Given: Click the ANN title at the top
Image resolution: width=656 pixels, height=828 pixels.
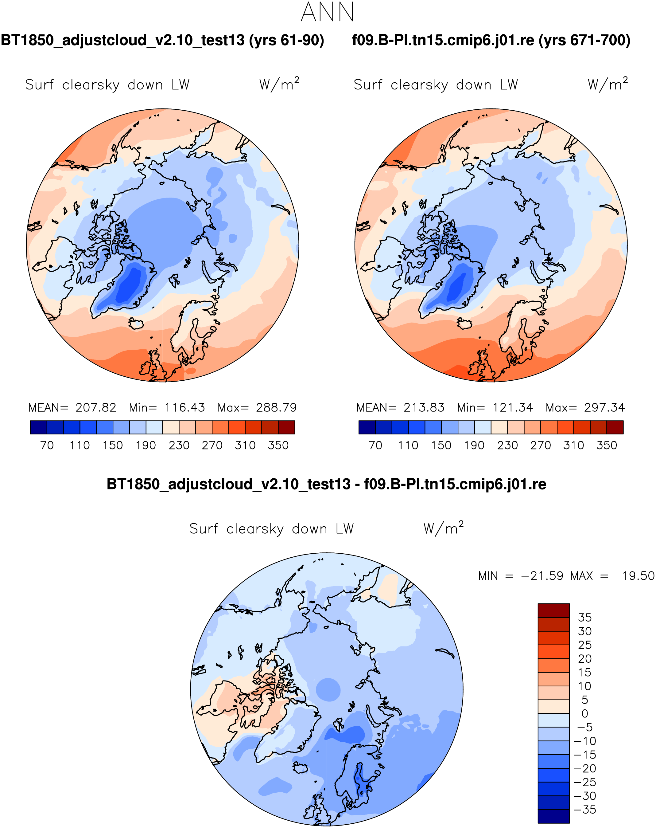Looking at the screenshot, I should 327,13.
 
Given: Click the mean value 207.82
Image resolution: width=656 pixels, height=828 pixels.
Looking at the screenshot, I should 95,407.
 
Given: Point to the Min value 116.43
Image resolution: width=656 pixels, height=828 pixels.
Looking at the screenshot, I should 184,407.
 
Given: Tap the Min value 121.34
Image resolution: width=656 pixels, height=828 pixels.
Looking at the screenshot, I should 513,407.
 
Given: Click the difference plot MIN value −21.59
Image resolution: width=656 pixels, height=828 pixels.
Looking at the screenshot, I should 542,576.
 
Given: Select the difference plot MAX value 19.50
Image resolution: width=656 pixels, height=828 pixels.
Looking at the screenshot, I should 638,576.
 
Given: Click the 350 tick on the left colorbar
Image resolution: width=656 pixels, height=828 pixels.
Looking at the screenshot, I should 278,445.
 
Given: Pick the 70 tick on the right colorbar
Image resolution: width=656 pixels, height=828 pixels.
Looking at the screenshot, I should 375,445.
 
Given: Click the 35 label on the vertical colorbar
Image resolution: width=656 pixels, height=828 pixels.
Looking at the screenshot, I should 585,618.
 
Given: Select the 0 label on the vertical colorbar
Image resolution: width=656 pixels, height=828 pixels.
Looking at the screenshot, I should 585,713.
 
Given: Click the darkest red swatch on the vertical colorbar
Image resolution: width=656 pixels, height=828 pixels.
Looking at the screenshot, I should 553,610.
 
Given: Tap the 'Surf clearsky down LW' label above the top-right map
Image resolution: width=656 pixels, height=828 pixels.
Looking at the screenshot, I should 436,85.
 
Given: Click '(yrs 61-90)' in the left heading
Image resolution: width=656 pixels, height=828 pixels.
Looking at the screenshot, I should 287,40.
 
